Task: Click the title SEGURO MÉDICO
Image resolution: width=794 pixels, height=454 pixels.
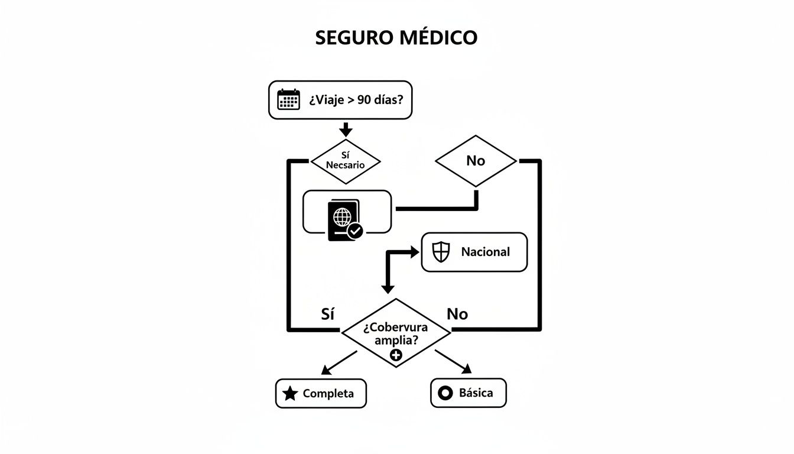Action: point(396,37)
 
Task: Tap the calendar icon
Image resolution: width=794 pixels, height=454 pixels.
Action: point(289,99)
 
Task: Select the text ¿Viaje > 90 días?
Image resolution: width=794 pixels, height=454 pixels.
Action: point(356,100)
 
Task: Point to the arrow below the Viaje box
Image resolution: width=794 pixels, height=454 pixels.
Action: point(346,129)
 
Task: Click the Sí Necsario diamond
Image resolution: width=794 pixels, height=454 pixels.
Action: point(346,160)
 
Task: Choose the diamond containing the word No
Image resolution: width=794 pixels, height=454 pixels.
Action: point(476,161)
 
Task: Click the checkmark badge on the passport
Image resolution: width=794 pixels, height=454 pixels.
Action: point(355,231)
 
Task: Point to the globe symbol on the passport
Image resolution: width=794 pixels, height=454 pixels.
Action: point(342,216)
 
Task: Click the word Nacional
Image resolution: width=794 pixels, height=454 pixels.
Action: point(485,252)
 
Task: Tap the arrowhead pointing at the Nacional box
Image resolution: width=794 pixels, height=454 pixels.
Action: point(414,252)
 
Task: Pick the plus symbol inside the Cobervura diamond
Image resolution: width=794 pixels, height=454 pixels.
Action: point(396,355)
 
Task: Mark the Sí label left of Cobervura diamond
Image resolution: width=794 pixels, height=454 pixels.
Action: point(327,314)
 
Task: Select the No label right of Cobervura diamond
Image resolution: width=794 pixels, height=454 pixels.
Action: point(457,314)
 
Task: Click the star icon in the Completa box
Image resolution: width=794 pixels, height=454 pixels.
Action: point(290,394)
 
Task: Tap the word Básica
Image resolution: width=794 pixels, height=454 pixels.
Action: point(476,393)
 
